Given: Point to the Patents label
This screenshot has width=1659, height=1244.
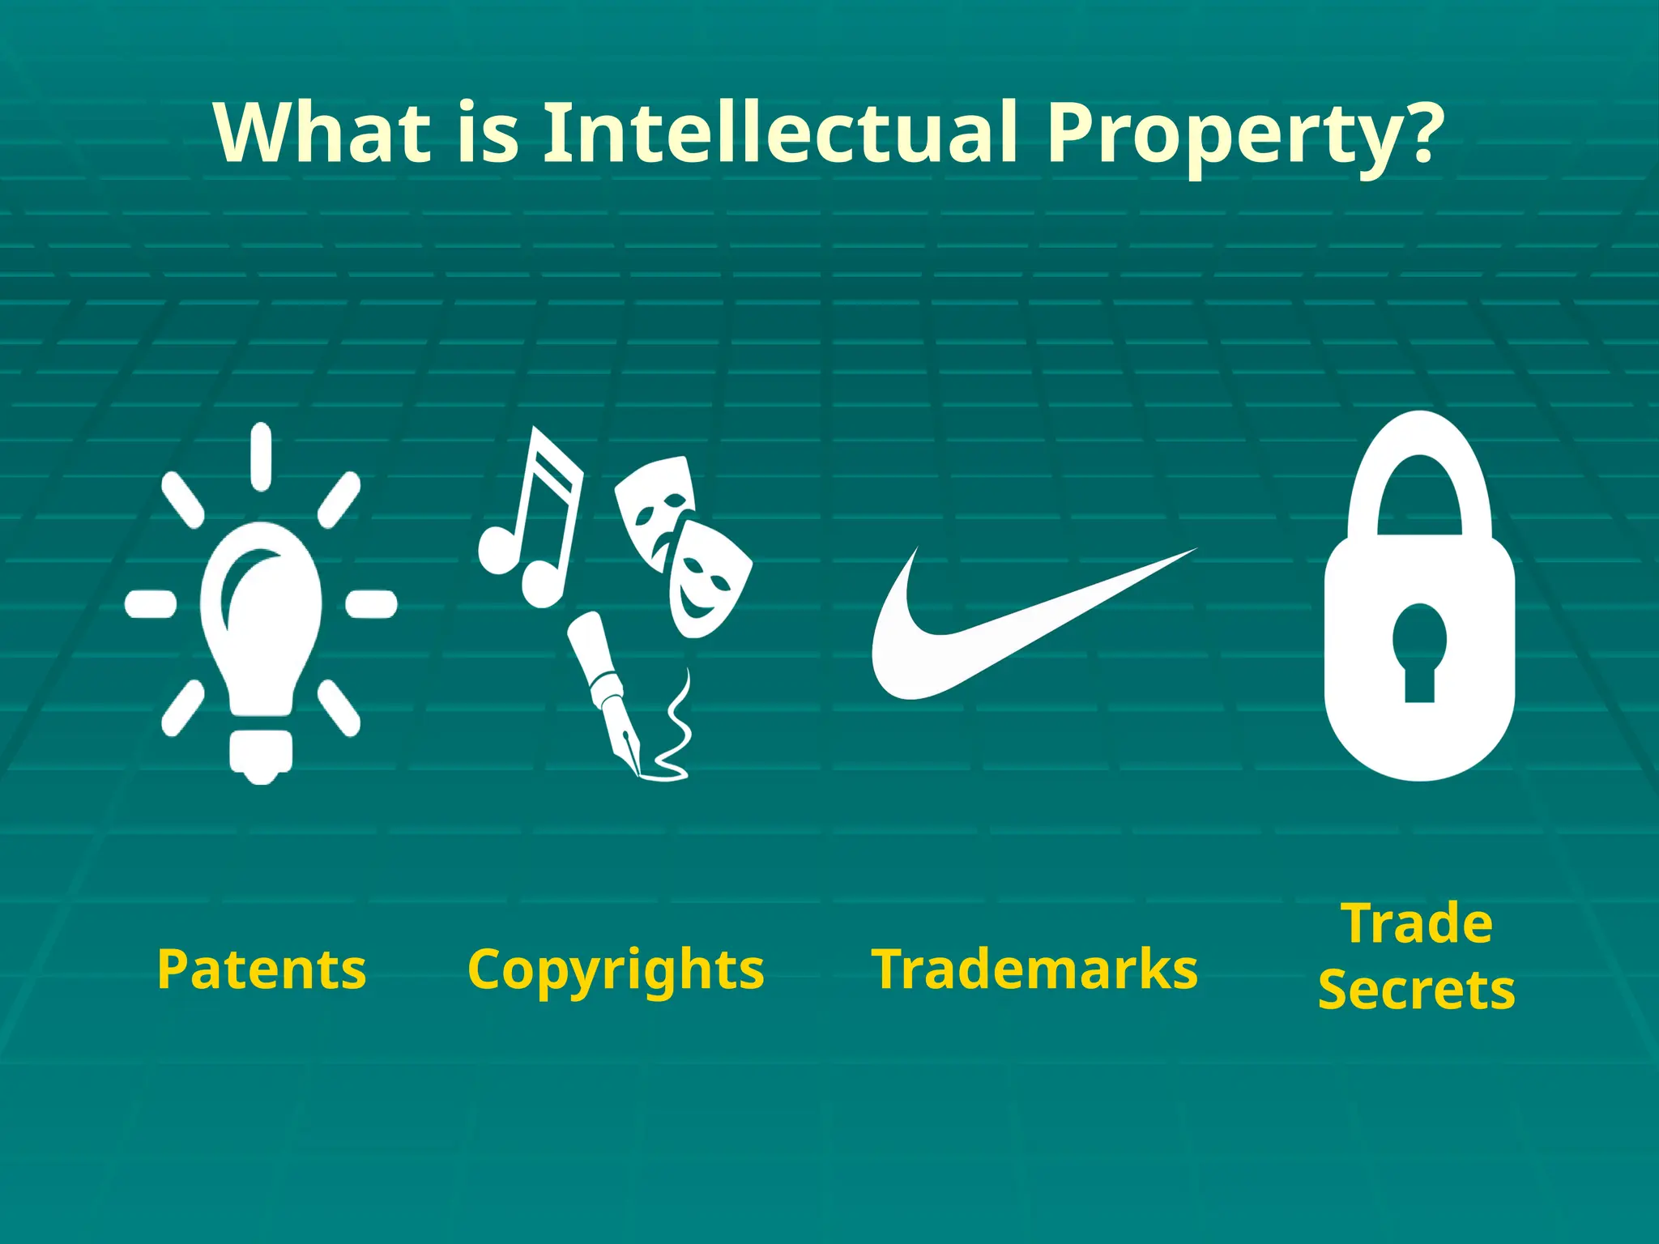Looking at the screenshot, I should pos(262,969).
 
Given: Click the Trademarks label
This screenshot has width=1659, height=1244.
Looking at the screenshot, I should pos(1034,969).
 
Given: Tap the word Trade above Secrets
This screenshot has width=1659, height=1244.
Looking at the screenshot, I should pos(1417,923).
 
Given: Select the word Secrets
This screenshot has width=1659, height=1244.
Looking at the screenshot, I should pos(1417,990).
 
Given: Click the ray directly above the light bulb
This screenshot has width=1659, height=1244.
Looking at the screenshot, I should pos(261,455).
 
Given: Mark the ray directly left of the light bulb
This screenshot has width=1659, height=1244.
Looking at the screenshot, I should pos(151,604).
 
